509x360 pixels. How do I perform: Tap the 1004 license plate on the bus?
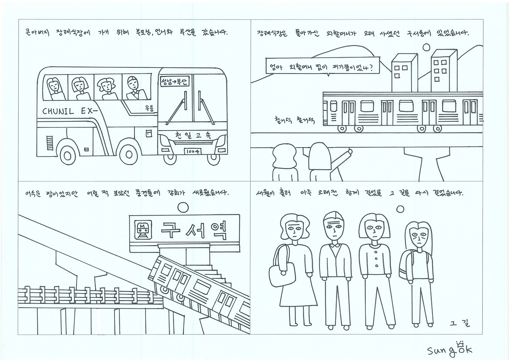(192, 152)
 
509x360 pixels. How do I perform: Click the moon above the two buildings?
(426, 48)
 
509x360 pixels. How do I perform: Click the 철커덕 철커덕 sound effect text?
(295, 120)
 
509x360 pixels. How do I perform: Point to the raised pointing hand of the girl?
(350, 152)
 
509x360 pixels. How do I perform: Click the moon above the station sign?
(183, 207)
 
